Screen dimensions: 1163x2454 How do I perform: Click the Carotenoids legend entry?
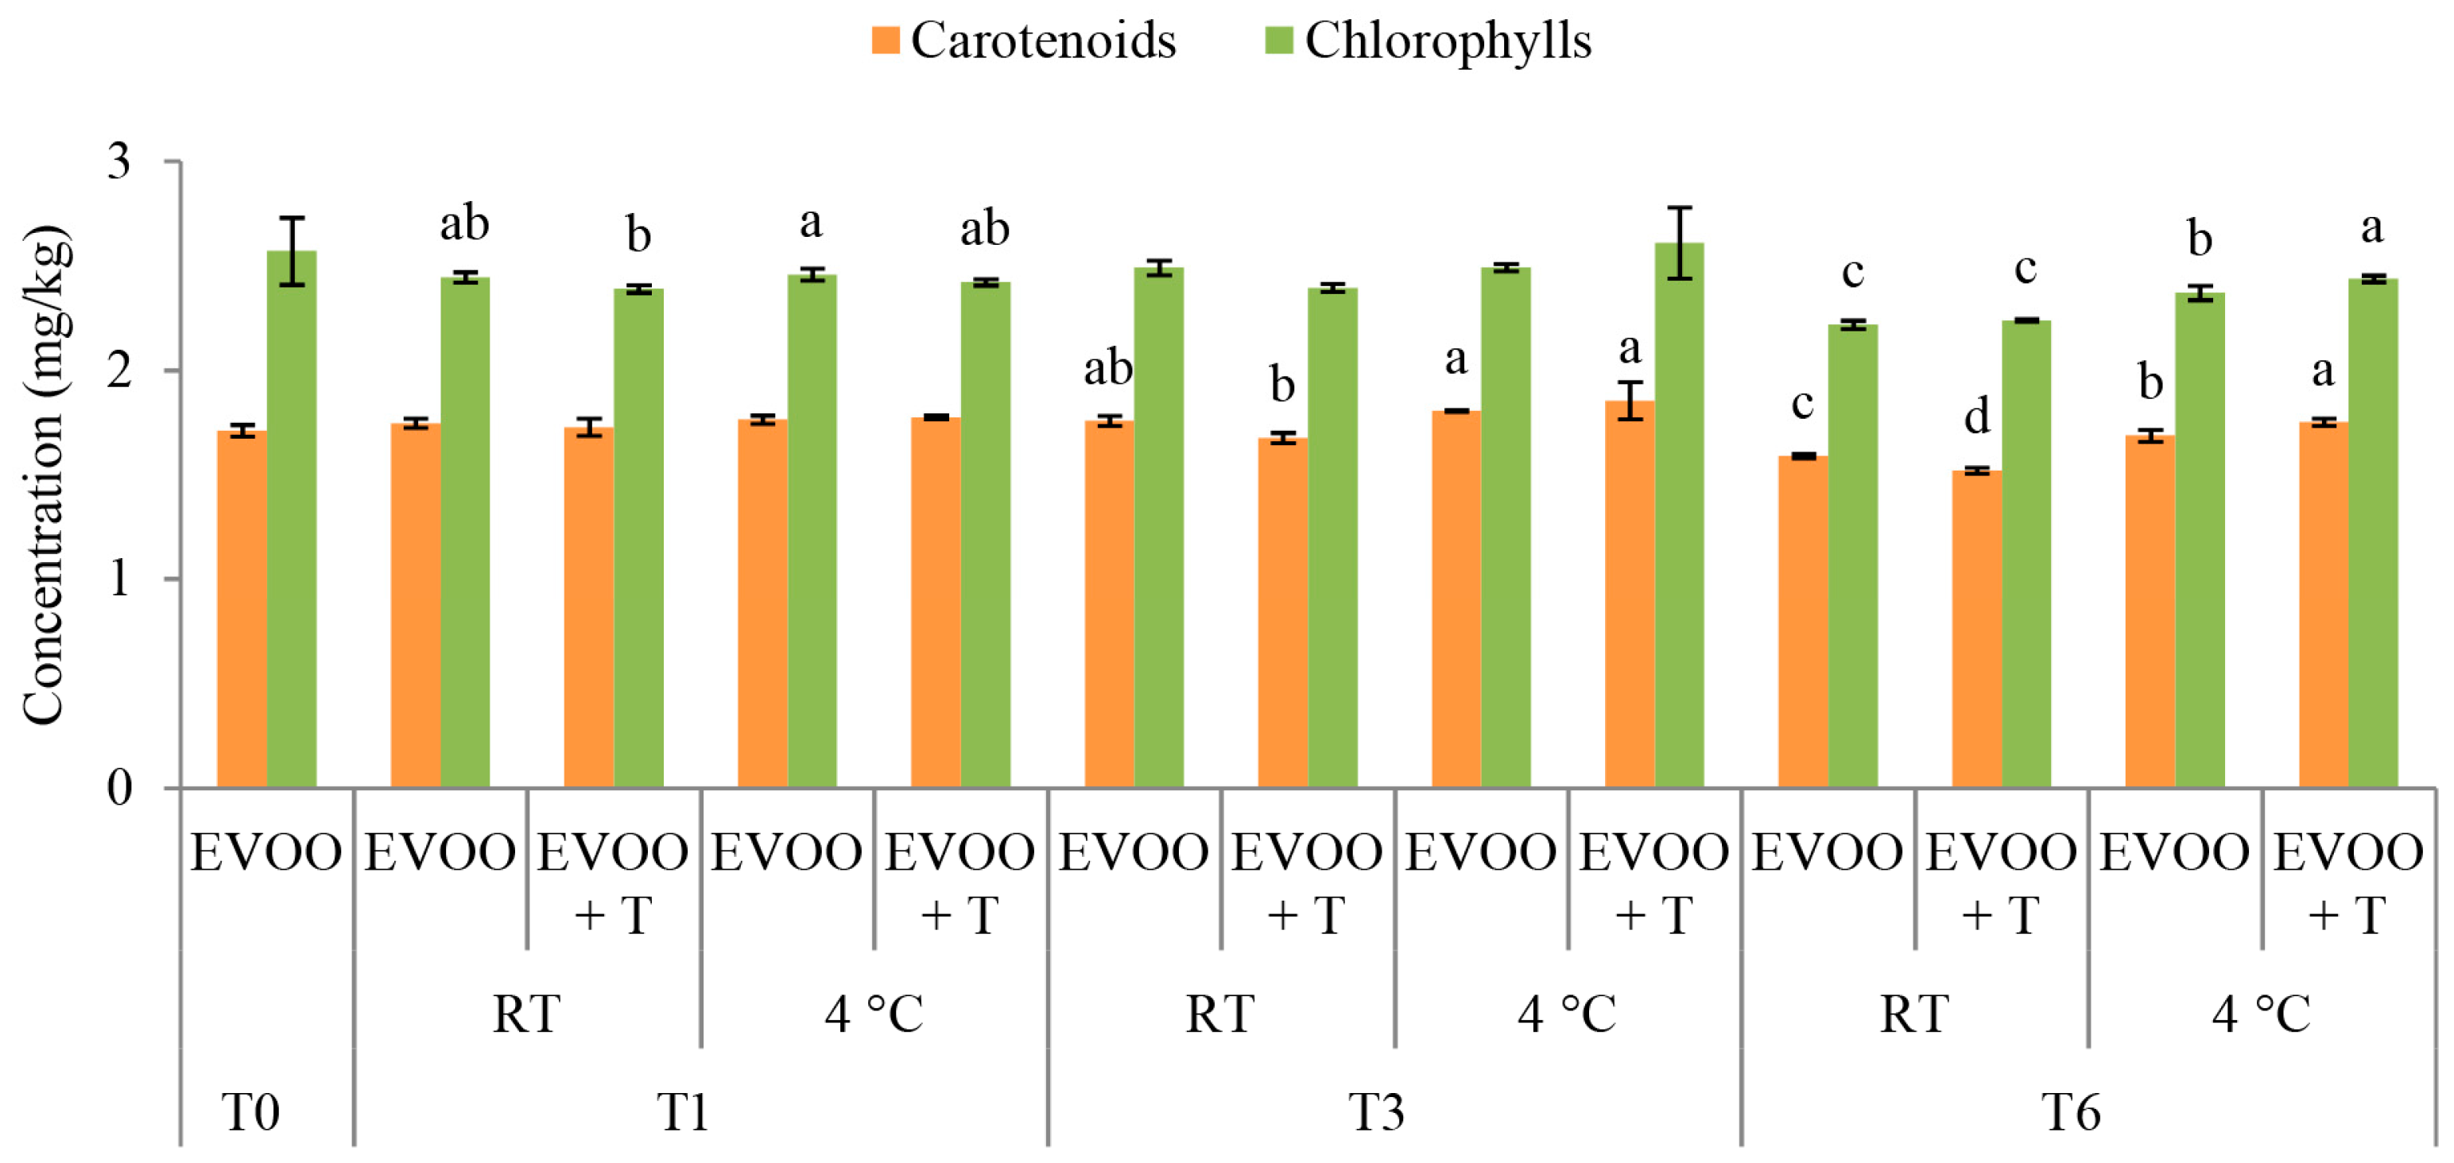(x=1024, y=41)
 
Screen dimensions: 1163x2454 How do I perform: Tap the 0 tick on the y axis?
(x=119, y=788)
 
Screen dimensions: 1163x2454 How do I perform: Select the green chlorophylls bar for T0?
(x=292, y=519)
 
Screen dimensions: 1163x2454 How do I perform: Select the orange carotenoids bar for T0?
(x=242, y=610)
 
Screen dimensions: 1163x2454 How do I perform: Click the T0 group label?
(x=250, y=1111)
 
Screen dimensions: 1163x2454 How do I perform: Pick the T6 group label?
(x=2070, y=1111)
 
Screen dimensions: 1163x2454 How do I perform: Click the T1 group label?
(x=683, y=1111)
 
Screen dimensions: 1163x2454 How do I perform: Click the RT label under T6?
(x=1914, y=1014)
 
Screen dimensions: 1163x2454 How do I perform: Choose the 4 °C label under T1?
(x=874, y=1014)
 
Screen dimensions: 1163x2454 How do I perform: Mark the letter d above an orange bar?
(x=1977, y=417)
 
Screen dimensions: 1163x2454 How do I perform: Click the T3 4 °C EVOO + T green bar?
(x=1679, y=514)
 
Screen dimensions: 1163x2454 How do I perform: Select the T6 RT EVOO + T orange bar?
(x=1977, y=629)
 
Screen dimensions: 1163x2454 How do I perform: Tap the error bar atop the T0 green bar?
(x=292, y=250)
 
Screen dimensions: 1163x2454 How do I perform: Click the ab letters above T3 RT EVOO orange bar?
(x=1108, y=368)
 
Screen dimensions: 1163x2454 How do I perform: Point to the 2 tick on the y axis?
(x=119, y=370)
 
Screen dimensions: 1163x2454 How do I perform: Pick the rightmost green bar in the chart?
(x=2372, y=533)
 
